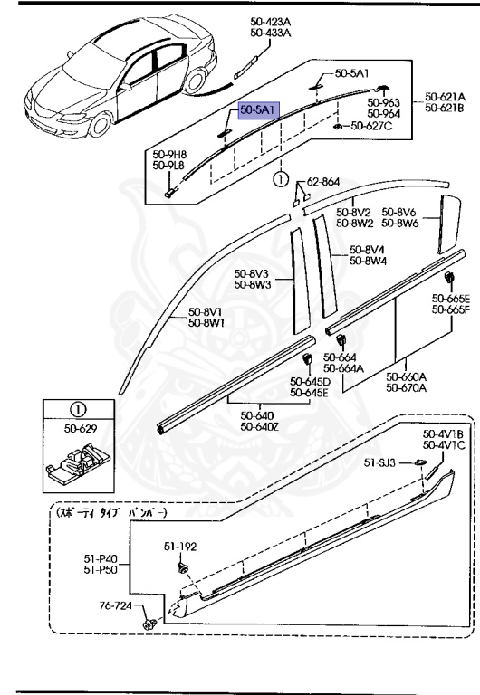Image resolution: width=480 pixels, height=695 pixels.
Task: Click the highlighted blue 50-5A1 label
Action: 259,109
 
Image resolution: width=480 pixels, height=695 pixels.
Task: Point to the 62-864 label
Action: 322,182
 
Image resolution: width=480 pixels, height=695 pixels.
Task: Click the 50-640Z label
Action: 260,428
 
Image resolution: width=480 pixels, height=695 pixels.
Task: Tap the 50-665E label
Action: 450,299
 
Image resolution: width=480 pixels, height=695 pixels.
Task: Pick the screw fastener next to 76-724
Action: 148,624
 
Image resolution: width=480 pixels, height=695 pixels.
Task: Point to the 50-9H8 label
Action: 168,155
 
